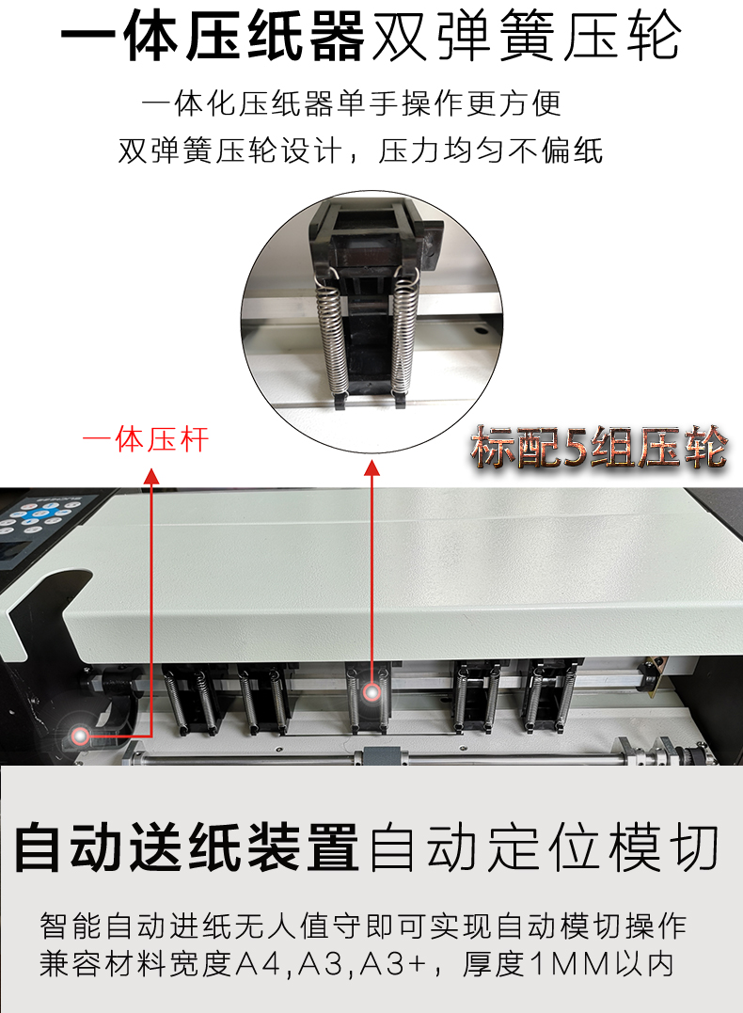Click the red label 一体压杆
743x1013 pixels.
pos(146,440)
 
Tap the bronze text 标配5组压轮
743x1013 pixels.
pos(599,447)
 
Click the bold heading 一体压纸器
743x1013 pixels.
pos(213,36)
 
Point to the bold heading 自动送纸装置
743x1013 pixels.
pos(187,847)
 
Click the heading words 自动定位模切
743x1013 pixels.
pos(544,847)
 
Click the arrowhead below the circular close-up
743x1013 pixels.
pos(371,467)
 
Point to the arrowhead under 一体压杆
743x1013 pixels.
pos(151,477)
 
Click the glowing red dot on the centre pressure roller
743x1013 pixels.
pos(371,692)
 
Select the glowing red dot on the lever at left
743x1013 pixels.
pos(81,736)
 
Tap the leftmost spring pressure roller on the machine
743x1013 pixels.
pos(189,700)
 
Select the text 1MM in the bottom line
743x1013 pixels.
pos(570,965)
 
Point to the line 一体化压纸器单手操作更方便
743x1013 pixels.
pos(352,103)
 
